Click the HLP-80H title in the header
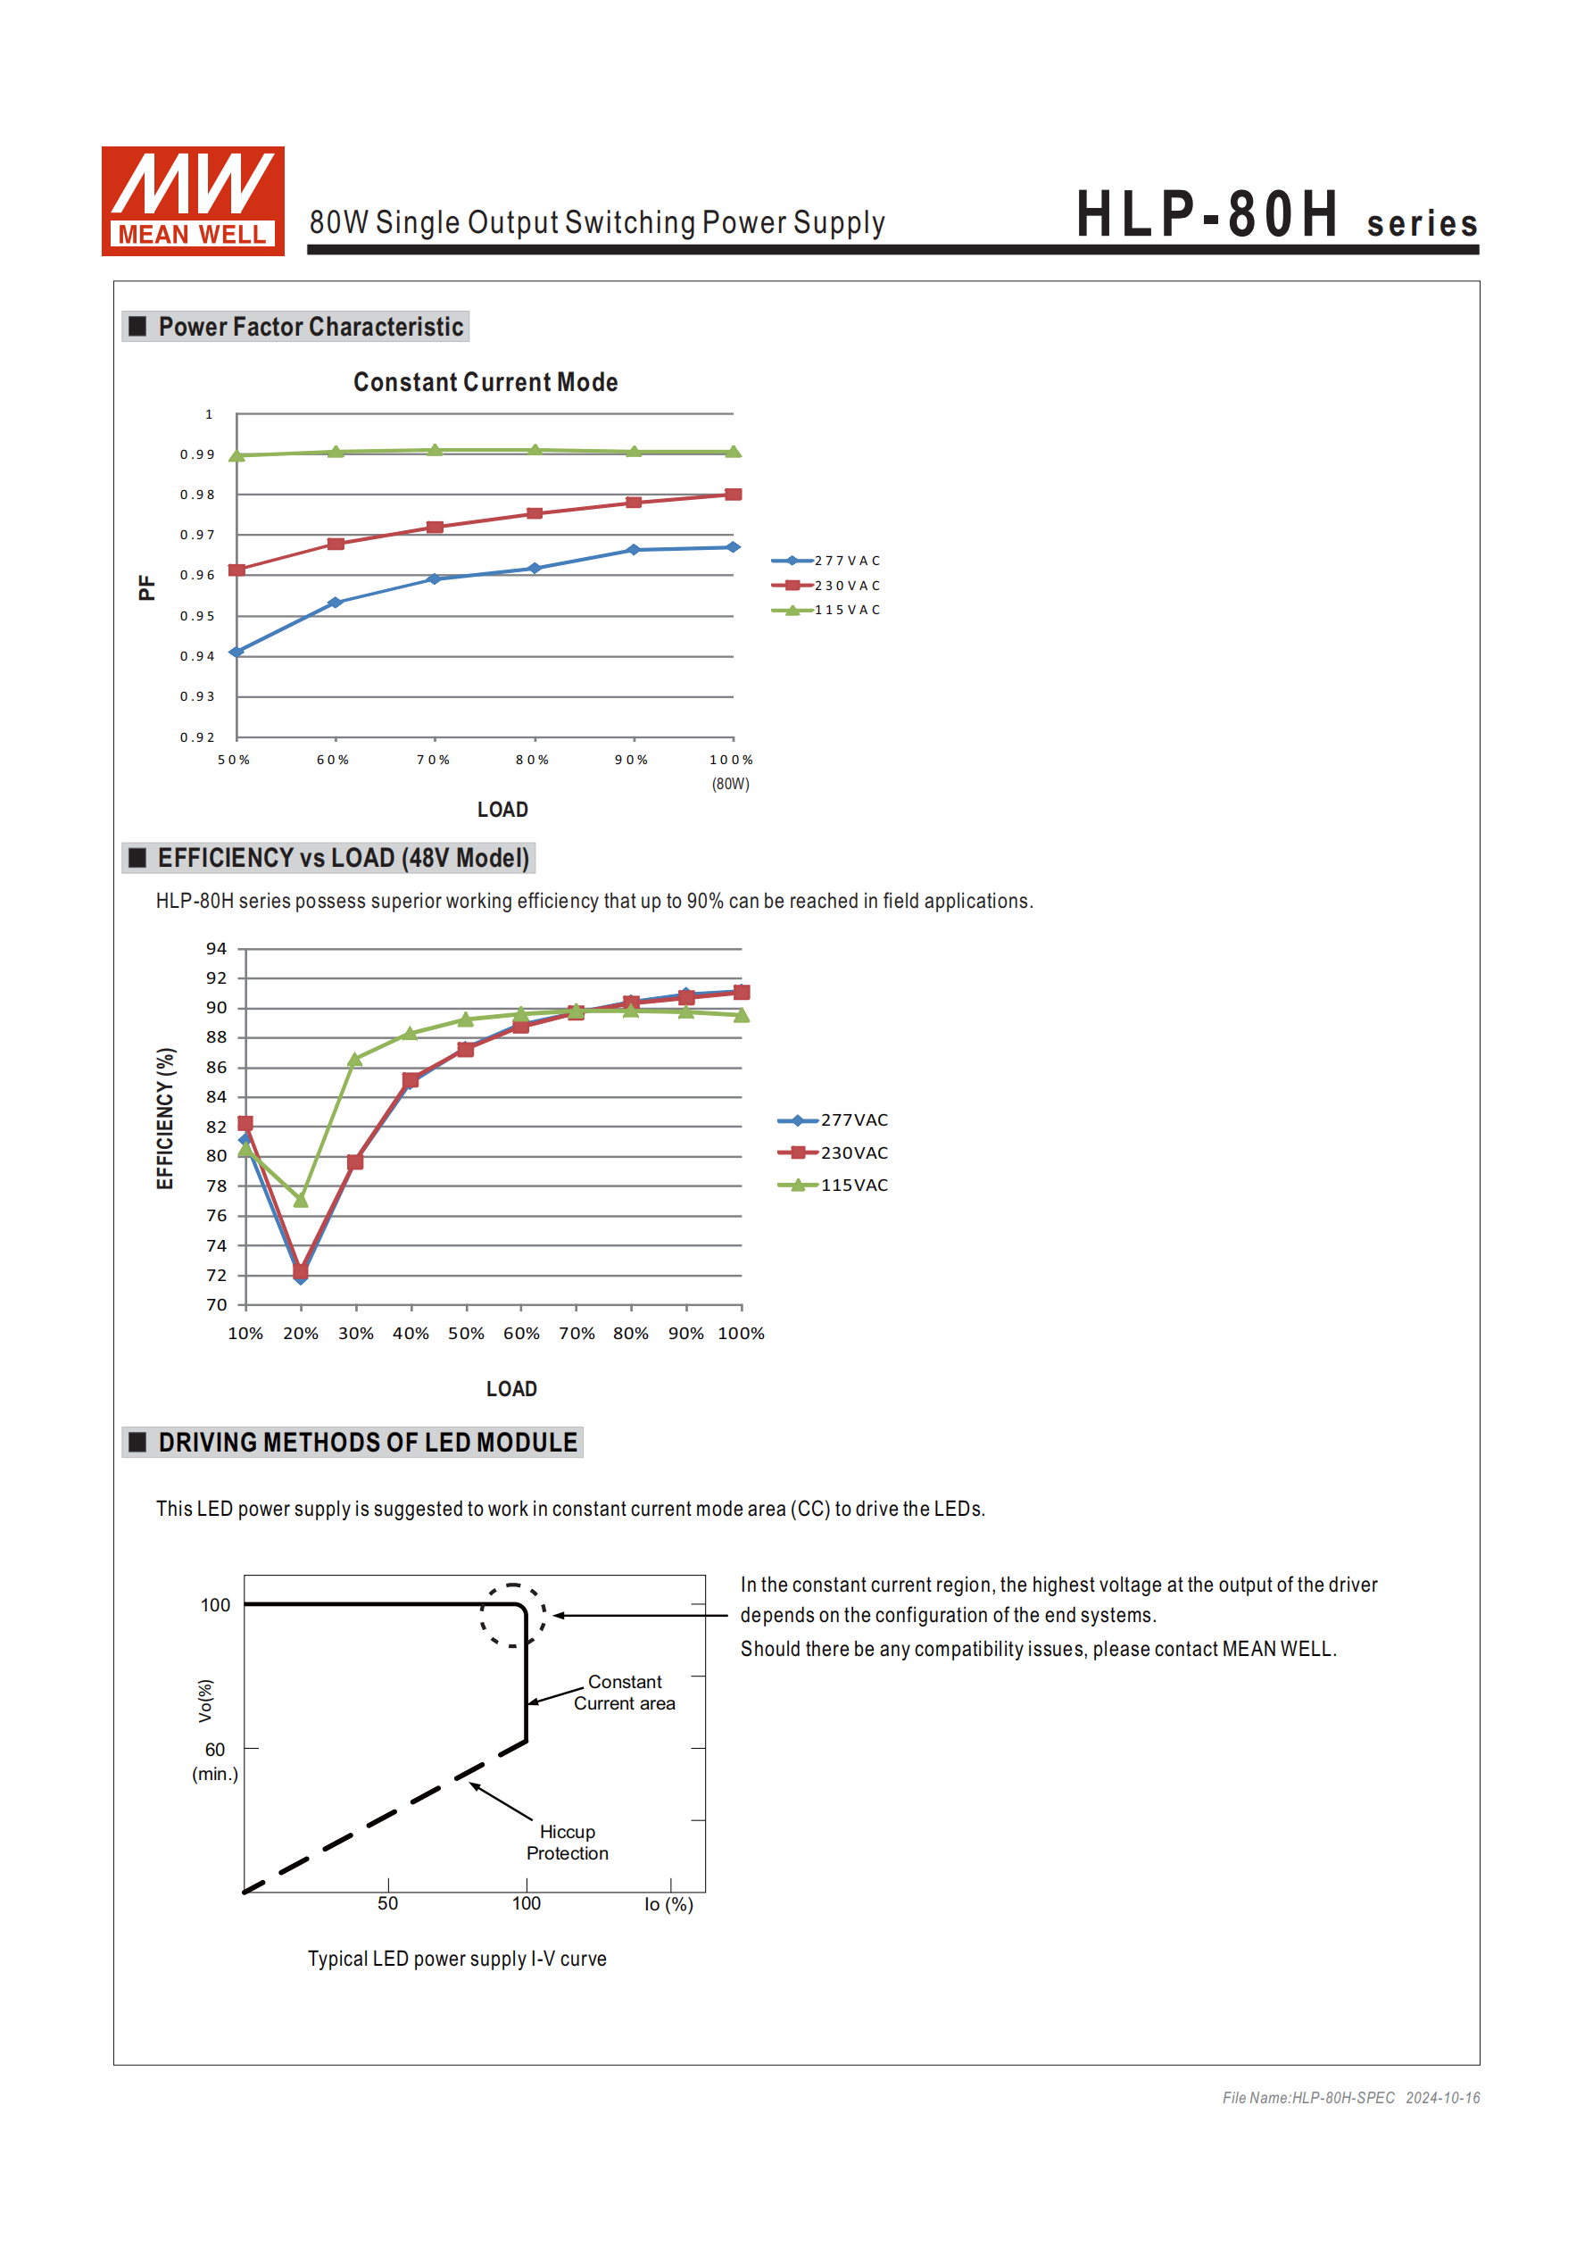pyautogui.click(x=1207, y=214)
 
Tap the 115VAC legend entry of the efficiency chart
pyautogui.click(x=834, y=1186)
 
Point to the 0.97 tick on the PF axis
pyautogui.click(x=196, y=536)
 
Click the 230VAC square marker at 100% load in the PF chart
pyautogui.click(x=733, y=494)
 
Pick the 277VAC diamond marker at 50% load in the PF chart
pyautogui.click(x=236, y=653)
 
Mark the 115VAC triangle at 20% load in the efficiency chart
pyautogui.click(x=301, y=1200)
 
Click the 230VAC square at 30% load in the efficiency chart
pyautogui.click(x=355, y=1163)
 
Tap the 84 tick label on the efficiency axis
pyautogui.click(x=216, y=1097)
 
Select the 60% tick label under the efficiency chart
pyautogui.click(x=521, y=1334)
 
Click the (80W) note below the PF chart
pyautogui.click(x=731, y=784)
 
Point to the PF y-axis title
pyautogui.click(x=146, y=587)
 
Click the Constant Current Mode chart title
pyautogui.click(x=485, y=382)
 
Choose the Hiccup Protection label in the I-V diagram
pyautogui.click(x=567, y=1843)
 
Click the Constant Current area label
pyautogui.click(x=625, y=1693)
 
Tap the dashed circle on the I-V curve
pyautogui.click(x=512, y=1615)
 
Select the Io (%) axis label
pyautogui.click(x=668, y=1904)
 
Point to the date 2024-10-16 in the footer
pyautogui.click(x=1442, y=2098)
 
